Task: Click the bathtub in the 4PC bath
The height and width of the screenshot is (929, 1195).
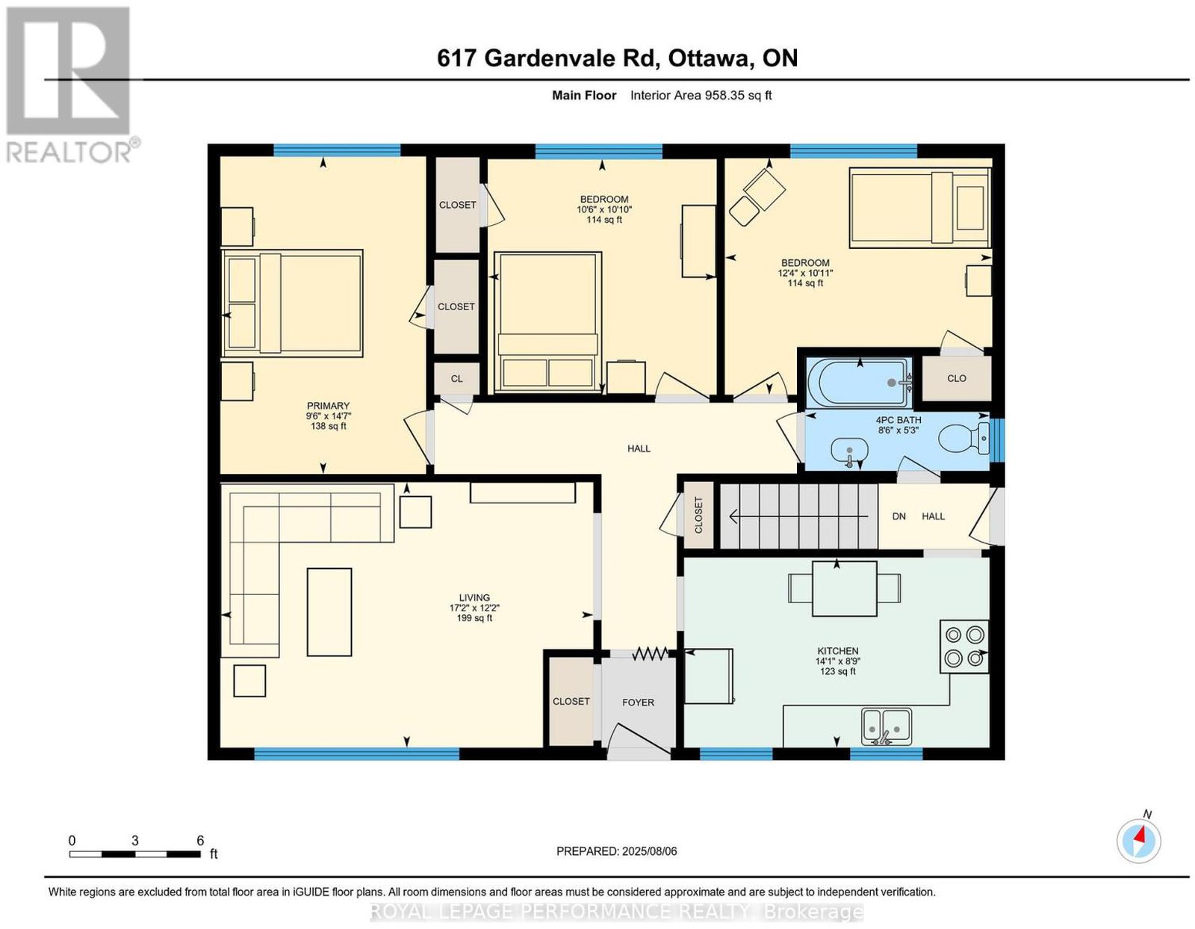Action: [859, 382]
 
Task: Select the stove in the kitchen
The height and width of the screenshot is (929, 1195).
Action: [963, 646]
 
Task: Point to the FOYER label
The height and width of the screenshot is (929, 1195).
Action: [638, 703]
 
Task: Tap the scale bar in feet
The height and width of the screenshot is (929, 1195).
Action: [134, 854]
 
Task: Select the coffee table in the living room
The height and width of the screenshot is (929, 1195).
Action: [329, 612]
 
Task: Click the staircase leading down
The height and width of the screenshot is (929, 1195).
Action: [799, 516]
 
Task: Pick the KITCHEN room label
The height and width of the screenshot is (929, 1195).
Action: [837, 651]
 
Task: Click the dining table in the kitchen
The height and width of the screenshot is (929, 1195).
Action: [844, 588]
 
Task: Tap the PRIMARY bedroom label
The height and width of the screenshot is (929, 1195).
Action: [328, 405]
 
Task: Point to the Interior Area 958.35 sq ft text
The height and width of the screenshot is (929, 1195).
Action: [701, 95]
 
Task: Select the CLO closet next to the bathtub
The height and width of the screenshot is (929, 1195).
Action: [956, 378]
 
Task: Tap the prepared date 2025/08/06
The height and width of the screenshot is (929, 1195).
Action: [649, 851]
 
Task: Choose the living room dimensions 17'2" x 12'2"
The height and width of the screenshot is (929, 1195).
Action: [474, 608]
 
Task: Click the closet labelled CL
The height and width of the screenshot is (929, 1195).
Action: [456, 378]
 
